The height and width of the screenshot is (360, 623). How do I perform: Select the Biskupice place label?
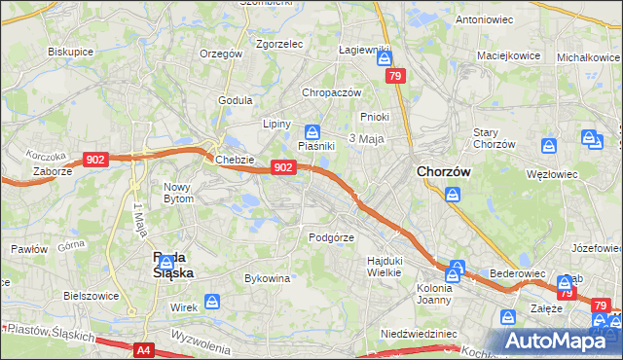(x=70, y=51)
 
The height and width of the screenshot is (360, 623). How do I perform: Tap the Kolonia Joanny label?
(x=434, y=294)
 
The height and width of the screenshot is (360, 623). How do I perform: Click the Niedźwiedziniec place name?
(x=419, y=333)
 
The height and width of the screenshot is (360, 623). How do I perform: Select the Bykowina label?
(x=268, y=278)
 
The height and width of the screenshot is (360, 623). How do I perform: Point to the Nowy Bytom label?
(x=179, y=193)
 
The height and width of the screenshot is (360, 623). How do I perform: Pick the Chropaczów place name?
(x=331, y=92)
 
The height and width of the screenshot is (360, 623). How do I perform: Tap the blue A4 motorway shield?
(x=144, y=349)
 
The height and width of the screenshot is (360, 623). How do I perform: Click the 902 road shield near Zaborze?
(x=95, y=160)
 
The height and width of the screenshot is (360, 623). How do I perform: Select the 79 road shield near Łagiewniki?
(x=394, y=75)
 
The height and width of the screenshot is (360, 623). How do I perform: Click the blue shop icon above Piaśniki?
(x=311, y=131)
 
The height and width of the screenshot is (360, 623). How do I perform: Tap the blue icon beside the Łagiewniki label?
(x=384, y=60)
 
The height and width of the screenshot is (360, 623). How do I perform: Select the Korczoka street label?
(x=47, y=156)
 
